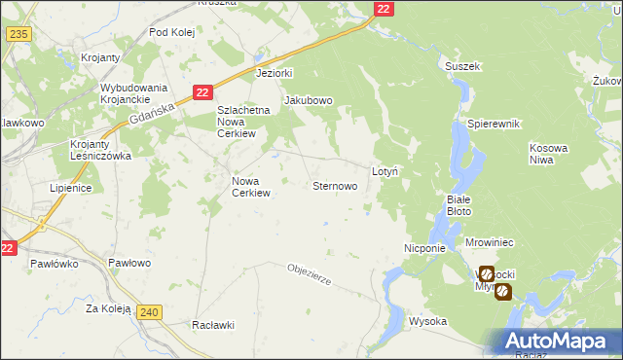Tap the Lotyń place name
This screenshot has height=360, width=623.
[x=385, y=170]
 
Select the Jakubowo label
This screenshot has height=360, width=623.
[x=309, y=100]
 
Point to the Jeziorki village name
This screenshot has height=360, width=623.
[x=274, y=73]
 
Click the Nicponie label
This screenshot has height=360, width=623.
[x=424, y=248]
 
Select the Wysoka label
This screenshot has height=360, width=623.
[x=427, y=321]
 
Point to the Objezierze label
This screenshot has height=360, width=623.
[x=310, y=273]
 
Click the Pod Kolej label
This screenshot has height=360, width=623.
[x=172, y=32]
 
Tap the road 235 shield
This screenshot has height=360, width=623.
[x=17, y=34]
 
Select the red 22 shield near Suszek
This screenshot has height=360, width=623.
[x=384, y=9]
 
